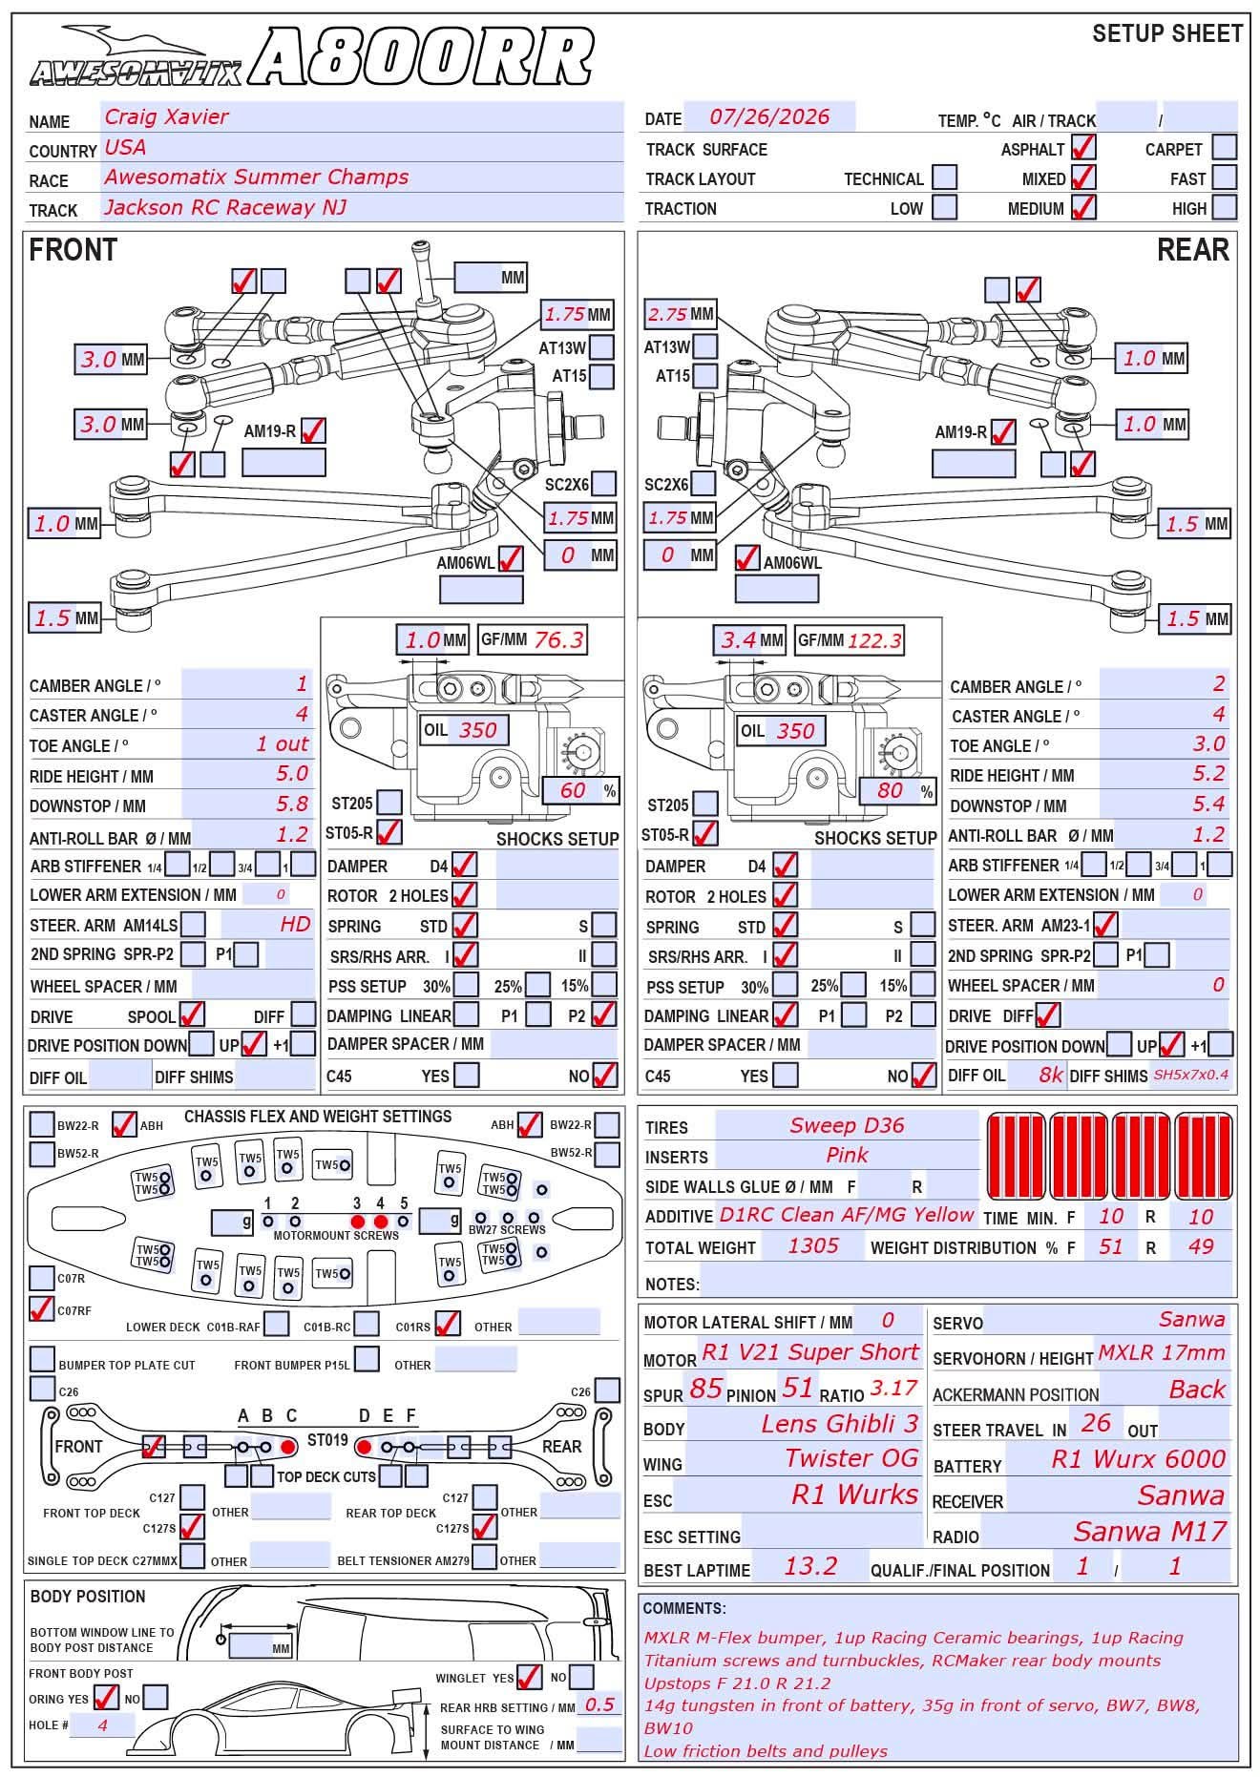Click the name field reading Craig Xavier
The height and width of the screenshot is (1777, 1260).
tap(167, 117)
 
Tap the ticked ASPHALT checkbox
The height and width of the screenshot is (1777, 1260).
tap(1083, 148)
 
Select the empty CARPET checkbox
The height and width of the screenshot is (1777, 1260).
tap(1224, 148)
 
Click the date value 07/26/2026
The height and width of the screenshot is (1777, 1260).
tap(769, 117)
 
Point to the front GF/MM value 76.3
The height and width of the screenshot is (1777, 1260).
tap(558, 640)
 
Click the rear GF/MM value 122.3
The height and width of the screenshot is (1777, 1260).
tap(873, 640)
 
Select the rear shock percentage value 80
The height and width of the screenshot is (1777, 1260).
tap(890, 790)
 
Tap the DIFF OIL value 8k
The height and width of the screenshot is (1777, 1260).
tap(1051, 1075)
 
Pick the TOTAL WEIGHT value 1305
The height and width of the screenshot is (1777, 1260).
tap(813, 1245)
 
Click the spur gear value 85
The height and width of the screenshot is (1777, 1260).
tap(705, 1389)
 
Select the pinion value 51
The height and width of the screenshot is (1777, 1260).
tap(797, 1388)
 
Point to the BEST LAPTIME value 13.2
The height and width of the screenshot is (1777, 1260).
tap(810, 1566)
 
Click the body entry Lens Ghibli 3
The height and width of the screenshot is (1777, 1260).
tap(839, 1424)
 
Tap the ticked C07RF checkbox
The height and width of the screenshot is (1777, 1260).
tap(41, 1308)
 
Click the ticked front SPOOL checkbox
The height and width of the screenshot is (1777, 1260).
tap(192, 1014)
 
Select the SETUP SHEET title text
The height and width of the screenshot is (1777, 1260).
tap(1167, 34)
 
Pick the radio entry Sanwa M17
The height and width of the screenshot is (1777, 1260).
tap(1149, 1532)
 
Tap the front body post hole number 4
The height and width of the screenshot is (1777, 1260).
tap(102, 1725)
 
